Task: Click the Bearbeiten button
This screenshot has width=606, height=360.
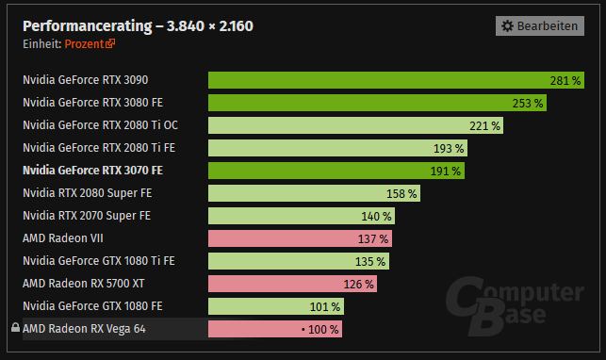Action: (x=540, y=26)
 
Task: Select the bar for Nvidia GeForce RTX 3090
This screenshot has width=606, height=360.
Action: (x=397, y=80)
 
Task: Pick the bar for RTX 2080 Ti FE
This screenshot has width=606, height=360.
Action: (x=337, y=148)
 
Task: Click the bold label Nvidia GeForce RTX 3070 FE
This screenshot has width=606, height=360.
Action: (x=92, y=171)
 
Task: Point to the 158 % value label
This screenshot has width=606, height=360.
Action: (x=401, y=193)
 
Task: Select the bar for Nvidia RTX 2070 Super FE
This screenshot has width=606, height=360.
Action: (x=301, y=216)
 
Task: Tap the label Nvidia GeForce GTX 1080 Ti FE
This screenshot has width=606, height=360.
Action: (x=98, y=261)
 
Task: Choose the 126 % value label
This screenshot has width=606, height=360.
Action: (x=358, y=284)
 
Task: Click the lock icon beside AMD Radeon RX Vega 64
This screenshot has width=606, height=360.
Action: (x=14, y=329)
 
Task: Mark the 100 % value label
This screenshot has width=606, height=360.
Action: (x=321, y=329)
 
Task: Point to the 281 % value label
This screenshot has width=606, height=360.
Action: (x=565, y=80)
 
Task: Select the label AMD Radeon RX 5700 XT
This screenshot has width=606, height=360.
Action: (x=85, y=284)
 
